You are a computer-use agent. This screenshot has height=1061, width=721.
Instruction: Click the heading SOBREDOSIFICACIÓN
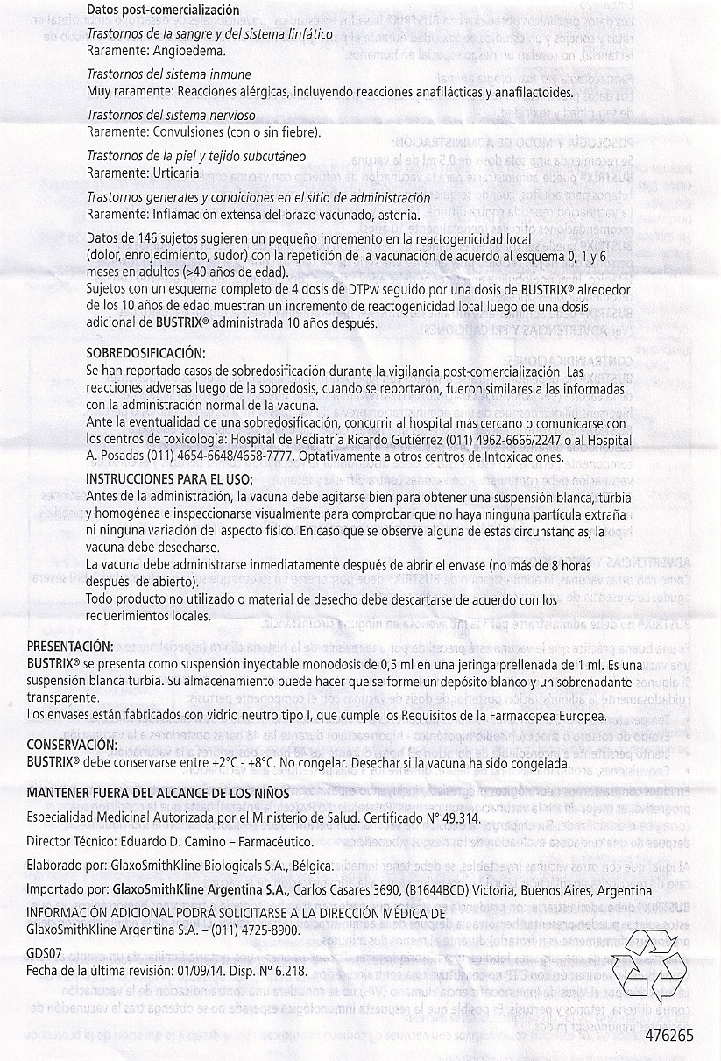[x=146, y=353]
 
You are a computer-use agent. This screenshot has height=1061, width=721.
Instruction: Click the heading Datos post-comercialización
[x=163, y=10]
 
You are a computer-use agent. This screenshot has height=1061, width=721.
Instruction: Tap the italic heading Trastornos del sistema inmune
[x=169, y=74]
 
